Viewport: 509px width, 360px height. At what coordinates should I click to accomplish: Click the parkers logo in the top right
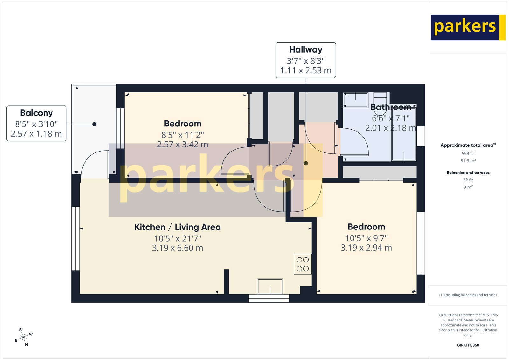[x=468, y=27]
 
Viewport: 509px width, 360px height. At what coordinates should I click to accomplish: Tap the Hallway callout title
[x=306, y=50]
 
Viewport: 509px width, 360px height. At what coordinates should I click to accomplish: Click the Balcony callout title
[x=36, y=113]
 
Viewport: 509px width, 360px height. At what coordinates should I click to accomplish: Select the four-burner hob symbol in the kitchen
[x=303, y=264]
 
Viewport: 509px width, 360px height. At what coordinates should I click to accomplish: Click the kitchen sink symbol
[x=270, y=286]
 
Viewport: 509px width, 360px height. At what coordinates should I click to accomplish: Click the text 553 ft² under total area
[x=468, y=153]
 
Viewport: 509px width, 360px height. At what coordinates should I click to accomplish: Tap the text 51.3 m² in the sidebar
[x=468, y=161]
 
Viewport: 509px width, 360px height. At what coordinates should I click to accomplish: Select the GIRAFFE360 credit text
[x=468, y=345]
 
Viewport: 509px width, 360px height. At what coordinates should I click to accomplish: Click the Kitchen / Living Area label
[x=178, y=227]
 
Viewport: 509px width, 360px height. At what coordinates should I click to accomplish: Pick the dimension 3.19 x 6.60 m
[x=178, y=248]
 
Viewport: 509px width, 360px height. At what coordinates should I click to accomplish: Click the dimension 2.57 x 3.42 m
[x=183, y=145]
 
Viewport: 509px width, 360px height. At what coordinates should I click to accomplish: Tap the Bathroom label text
[x=391, y=107]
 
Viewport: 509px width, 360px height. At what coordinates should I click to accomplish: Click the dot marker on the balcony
[x=94, y=124]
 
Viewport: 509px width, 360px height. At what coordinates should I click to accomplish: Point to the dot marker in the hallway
[x=306, y=163]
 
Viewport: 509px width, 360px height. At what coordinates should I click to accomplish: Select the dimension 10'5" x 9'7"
[x=366, y=238]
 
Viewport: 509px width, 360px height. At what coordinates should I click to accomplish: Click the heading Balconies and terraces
[x=468, y=173]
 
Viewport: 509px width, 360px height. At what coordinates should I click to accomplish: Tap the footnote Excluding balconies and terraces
[x=468, y=295]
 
